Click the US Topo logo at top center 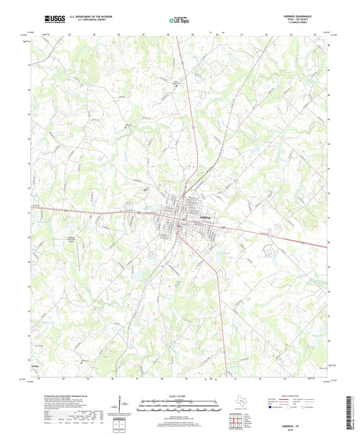179,21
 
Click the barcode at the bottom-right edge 353,411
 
